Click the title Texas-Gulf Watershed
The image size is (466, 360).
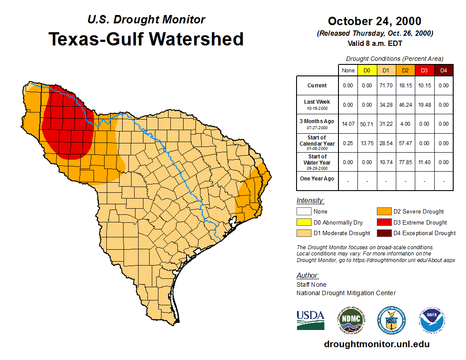[x=146, y=39]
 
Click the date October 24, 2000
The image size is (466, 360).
[x=375, y=21]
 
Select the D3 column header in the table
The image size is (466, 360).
[x=424, y=71]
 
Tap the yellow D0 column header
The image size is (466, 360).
[x=367, y=71]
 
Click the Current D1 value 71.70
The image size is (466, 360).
[x=386, y=86]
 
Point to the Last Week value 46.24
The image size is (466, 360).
[x=405, y=105]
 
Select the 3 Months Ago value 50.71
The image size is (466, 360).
[x=367, y=124]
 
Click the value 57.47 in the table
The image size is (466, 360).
[x=405, y=143]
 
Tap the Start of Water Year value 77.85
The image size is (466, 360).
[x=405, y=162]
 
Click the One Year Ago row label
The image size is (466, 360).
[x=317, y=179]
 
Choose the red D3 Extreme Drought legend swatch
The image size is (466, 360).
[x=383, y=222]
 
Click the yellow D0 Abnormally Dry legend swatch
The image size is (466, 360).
[x=304, y=222]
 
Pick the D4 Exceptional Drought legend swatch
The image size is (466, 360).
[x=383, y=233]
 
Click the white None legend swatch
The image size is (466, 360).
[x=304, y=212]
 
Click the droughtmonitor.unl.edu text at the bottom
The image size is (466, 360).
[x=376, y=344]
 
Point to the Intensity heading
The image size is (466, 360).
[x=310, y=200]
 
